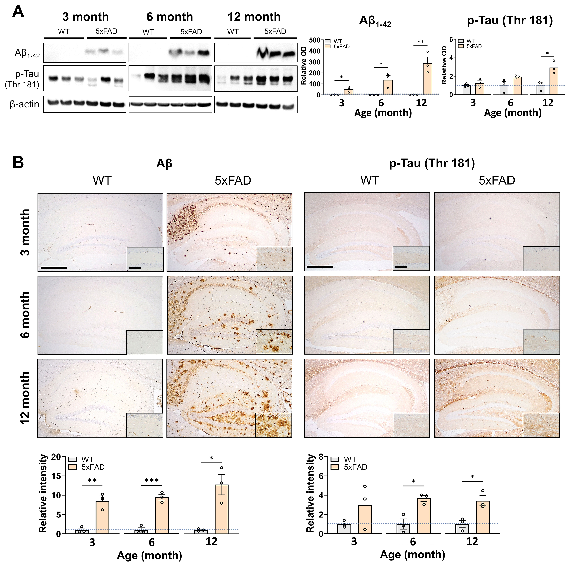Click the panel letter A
(x=18, y=12)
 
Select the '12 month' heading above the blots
(x=254, y=17)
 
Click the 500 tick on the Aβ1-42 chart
(x=315, y=40)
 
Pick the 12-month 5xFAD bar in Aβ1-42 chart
(x=427, y=79)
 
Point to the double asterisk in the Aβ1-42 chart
(x=420, y=42)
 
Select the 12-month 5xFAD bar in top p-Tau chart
(x=554, y=81)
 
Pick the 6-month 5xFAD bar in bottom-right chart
(x=424, y=516)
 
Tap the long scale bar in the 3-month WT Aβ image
(x=54, y=268)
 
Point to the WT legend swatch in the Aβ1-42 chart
(x=328, y=41)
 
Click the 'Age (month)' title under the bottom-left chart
(x=149, y=555)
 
